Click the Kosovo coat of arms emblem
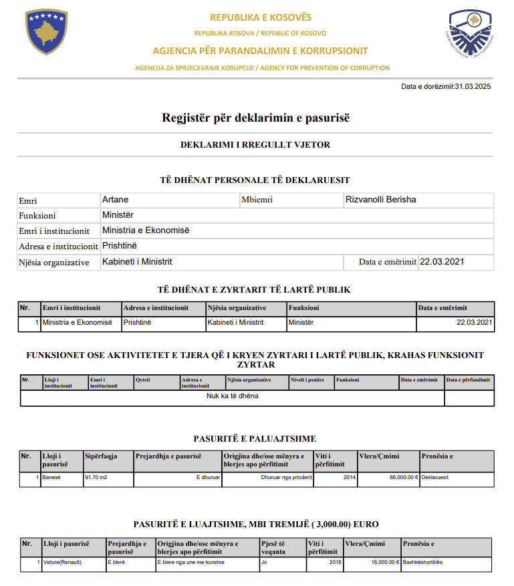[x=47, y=33]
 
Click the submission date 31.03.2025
[x=473, y=86]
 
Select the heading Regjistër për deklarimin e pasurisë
[x=256, y=118]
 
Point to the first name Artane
[x=115, y=200]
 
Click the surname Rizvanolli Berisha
[x=381, y=200]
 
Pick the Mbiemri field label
[x=257, y=200]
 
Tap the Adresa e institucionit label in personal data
[x=59, y=247]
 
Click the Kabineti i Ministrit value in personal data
[x=137, y=262]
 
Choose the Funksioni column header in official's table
[x=304, y=308]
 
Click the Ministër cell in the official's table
[x=301, y=322]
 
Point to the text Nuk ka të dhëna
[x=232, y=396]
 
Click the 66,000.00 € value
[x=399, y=478]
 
